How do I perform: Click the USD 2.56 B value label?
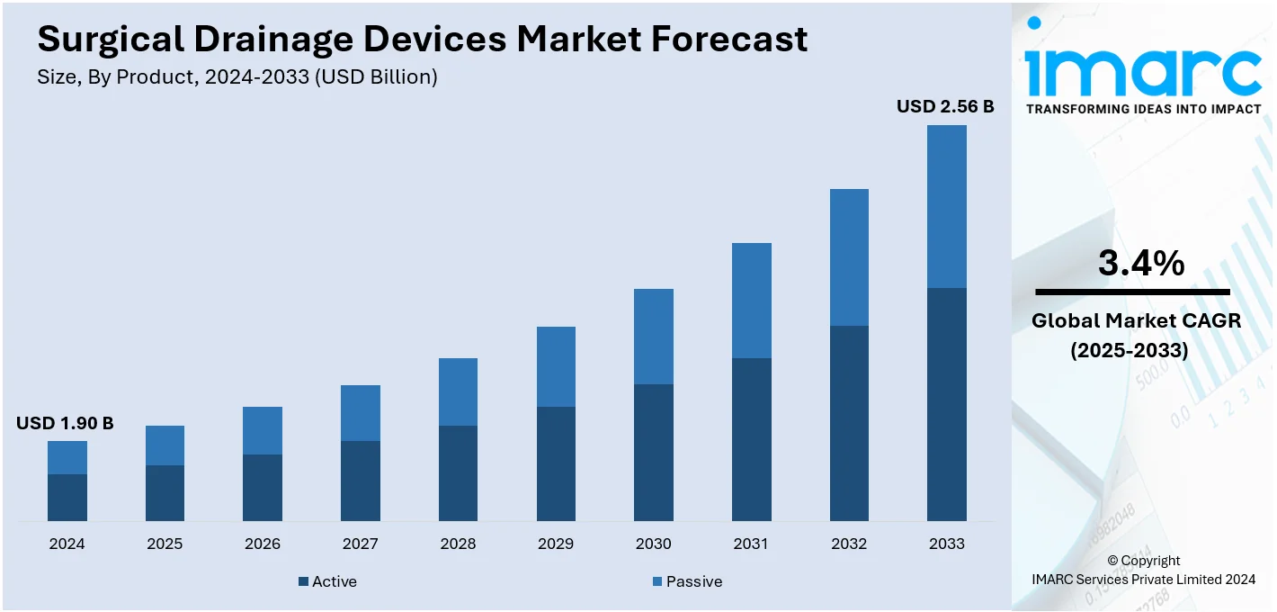tap(944, 107)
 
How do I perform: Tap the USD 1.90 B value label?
tap(65, 423)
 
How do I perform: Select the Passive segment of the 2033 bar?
tap(946, 206)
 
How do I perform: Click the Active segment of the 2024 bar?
tap(67, 497)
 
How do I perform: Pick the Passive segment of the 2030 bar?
tap(654, 337)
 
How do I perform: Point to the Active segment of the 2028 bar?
tap(458, 472)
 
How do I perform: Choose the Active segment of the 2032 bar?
tap(849, 423)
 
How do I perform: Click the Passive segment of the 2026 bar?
tap(263, 430)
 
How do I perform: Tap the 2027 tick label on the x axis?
tap(360, 544)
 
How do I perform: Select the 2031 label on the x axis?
tap(751, 544)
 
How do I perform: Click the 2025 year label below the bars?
tap(165, 544)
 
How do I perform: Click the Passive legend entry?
tap(687, 581)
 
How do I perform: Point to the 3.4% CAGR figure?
tap(1140, 263)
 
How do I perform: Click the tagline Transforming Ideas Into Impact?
tap(1142, 109)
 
